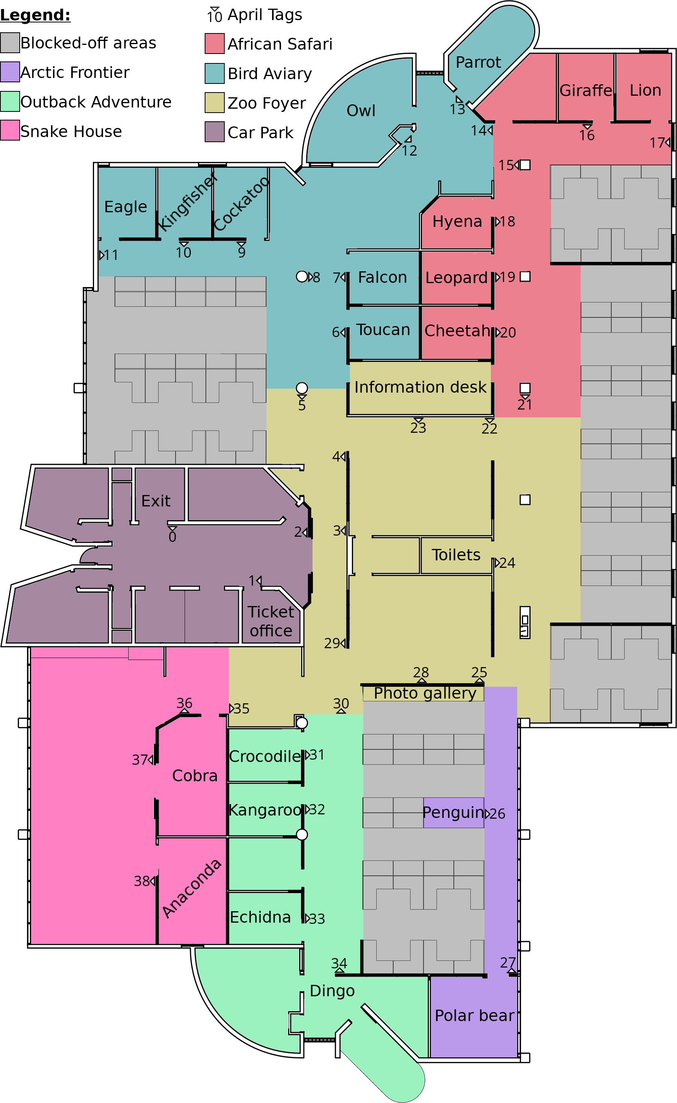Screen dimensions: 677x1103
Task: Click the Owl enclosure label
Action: tap(361, 111)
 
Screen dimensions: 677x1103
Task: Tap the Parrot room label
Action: tap(478, 62)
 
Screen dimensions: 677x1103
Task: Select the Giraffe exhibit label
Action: tap(586, 91)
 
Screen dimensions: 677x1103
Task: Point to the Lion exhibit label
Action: tap(645, 90)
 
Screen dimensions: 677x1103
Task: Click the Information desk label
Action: tap(420, 387)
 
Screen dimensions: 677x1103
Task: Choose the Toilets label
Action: tap(456, 555)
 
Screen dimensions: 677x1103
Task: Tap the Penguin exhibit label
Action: tap(453, 812)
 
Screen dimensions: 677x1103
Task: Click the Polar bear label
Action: tap(474, 1016)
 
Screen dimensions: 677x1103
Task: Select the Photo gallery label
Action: tap(425, 693)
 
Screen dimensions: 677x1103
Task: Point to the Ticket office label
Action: tap(271, 621)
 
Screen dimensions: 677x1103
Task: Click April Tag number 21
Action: tap(525, 404)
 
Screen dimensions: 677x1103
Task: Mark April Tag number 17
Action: tap(660, 143)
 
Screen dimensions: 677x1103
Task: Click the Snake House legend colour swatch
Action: tap(10, 130)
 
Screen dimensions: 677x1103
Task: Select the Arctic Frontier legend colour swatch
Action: tap(10, 72)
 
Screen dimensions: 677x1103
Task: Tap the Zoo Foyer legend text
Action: tap(267, 103)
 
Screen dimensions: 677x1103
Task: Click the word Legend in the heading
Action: tap(35, 15)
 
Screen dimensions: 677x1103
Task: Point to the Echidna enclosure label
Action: tap(260, 917)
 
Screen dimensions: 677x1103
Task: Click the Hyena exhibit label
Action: tap(457, 221)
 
